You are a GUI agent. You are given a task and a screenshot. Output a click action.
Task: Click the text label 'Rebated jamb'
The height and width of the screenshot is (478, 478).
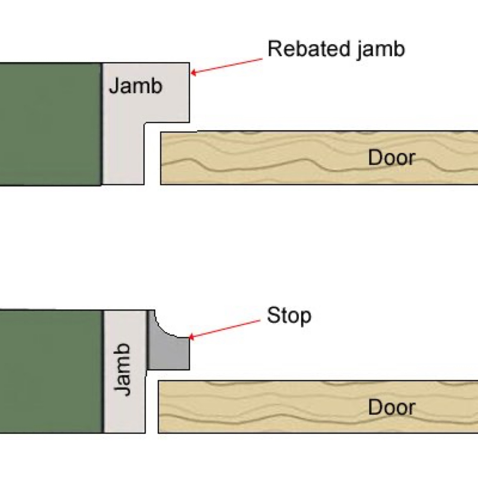(x=336, y=49)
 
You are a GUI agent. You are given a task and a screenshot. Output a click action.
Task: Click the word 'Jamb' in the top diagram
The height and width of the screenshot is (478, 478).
(x=135, y=86)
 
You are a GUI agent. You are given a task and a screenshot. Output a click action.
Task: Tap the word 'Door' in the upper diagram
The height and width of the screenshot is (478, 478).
(x=392, y=158)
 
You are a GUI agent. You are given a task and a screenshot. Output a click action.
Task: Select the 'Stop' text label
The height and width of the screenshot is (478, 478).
(x=289, y=316)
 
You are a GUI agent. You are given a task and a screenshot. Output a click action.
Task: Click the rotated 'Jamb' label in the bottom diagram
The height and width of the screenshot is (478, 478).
(x=122, y=369)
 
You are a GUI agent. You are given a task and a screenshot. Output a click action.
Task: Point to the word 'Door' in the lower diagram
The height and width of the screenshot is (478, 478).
(x=392, y=407)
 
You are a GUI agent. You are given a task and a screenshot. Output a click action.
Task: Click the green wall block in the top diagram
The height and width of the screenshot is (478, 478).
(x=50, y=124)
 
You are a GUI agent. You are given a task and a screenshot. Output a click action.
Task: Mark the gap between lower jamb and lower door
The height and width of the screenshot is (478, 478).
(x=152, y=405)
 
